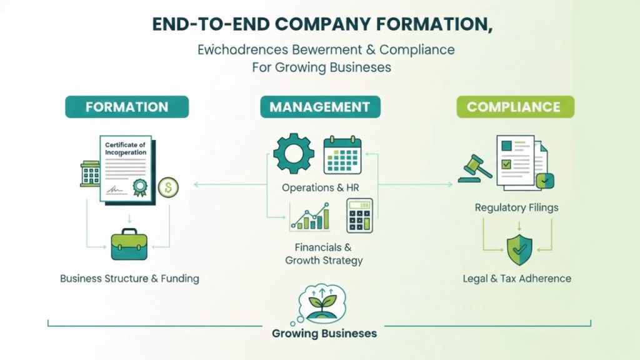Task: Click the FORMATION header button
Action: [x=127, y=107]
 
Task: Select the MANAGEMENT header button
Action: [x=320, y=107]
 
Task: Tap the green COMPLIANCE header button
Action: [x=513, y=107]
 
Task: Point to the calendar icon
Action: [x=342, y=155]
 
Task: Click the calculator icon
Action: [x=360, y=216]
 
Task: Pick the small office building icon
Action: [x=91, y=173]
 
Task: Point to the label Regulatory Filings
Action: [x=516, y=207]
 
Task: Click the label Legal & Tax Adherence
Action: [x=517, y=278]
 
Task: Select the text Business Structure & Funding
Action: [x=129, y=278]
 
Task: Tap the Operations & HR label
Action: [x=321, y=187]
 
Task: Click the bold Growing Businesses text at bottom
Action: [x=324, y=333]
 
